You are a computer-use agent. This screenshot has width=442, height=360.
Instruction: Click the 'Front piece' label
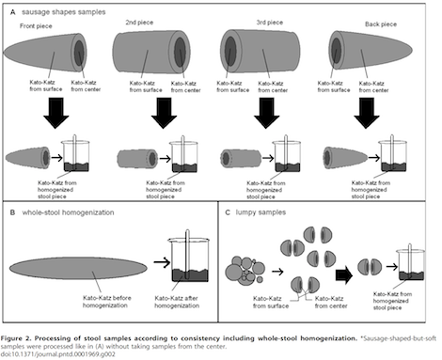click(x=36, y=26)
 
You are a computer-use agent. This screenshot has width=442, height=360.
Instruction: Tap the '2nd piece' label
click(x=139, y=23)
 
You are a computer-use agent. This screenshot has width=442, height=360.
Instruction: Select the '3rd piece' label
click(x=270, y=23)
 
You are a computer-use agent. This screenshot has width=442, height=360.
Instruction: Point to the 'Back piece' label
click(x=381, y=24)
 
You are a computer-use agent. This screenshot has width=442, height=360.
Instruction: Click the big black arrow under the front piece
click(x=56, y=113)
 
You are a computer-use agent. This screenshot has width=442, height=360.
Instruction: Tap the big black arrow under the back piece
click(x=367, y=113)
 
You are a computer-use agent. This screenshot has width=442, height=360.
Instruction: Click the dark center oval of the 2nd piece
click(x=180, y=52)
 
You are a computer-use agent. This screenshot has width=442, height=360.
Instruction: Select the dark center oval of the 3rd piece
click(x=230, y=51)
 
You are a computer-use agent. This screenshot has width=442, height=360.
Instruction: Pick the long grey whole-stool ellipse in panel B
click(x=78, y=268)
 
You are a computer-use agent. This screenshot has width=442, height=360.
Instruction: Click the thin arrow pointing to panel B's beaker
click(x=162, y=262)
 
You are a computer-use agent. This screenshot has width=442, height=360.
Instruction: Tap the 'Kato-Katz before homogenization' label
click(x=106, y=302)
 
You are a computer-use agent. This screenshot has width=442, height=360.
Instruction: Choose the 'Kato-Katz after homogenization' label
click(x=177, y=302)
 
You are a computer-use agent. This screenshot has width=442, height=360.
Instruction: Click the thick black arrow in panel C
click(x=344, y=275)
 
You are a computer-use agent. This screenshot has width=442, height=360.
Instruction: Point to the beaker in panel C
click(x=411, y=262)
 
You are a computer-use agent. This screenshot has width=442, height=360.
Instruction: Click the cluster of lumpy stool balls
click(x=245, y=271)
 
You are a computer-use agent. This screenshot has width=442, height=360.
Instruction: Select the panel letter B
click(x=12, y=212)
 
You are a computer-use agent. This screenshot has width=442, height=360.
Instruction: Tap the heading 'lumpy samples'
click(x=260, y=212)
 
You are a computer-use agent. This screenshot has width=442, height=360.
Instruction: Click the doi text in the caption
click(x=57, y=354)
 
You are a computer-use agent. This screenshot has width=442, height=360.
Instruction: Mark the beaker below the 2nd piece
click(x=183, y=154)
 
